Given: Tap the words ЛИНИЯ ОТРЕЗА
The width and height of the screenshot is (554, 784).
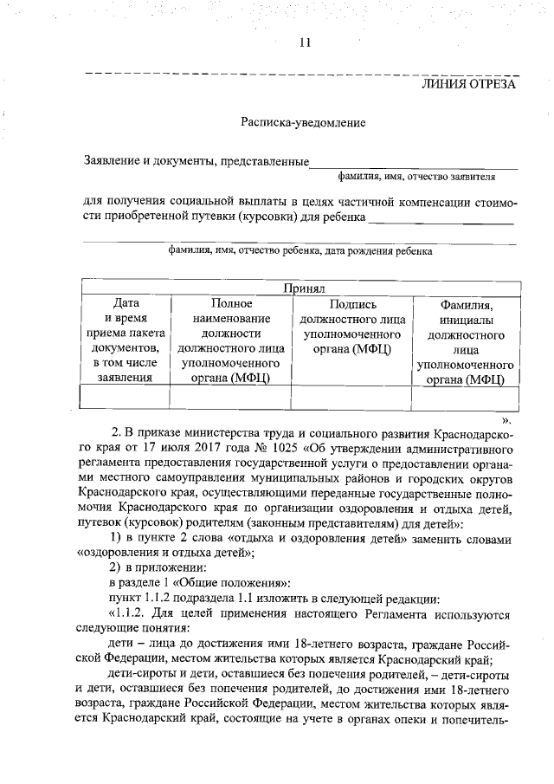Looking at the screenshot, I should [468, 84].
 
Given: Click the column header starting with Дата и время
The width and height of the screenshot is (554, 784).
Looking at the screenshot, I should [126, 340].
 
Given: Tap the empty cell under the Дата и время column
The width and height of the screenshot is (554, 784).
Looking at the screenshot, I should [126, 395].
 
